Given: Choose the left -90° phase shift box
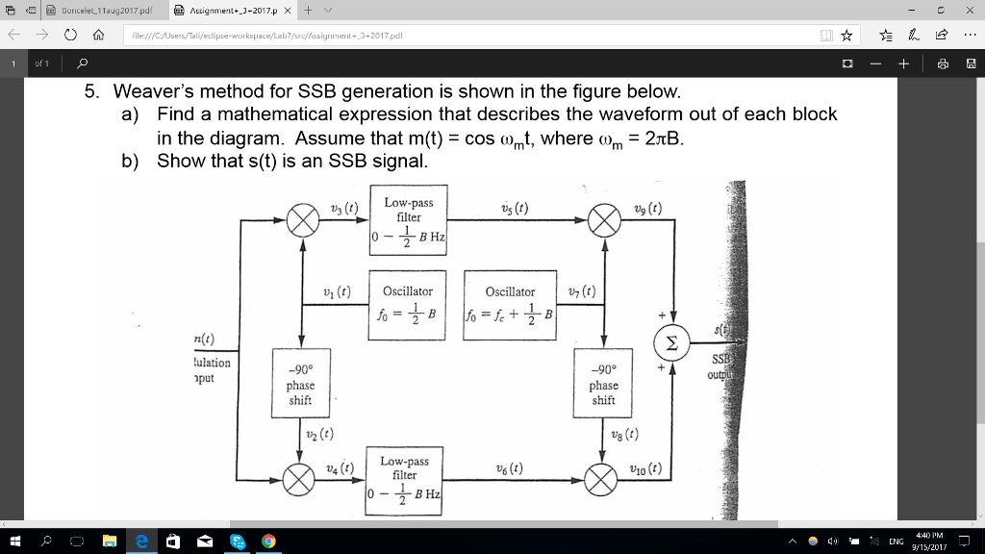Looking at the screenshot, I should click(x=300, y=385).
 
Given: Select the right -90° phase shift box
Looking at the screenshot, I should click(x=604, y=385).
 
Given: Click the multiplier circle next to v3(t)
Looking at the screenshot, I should click(x=303, y=220).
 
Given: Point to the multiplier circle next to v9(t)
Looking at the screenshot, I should click(x=604, y=220).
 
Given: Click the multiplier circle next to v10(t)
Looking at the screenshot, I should click(x=604, y=478).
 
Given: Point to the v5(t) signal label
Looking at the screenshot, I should click(x=514, y=209).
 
